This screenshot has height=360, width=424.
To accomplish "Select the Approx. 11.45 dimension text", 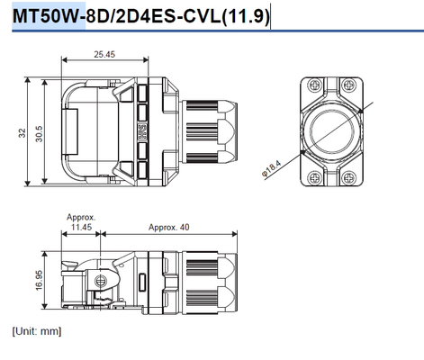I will pyautogui.click(x=81, y=221).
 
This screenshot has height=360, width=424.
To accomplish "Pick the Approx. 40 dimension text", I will pyautogui.click(x=168, y=227).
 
